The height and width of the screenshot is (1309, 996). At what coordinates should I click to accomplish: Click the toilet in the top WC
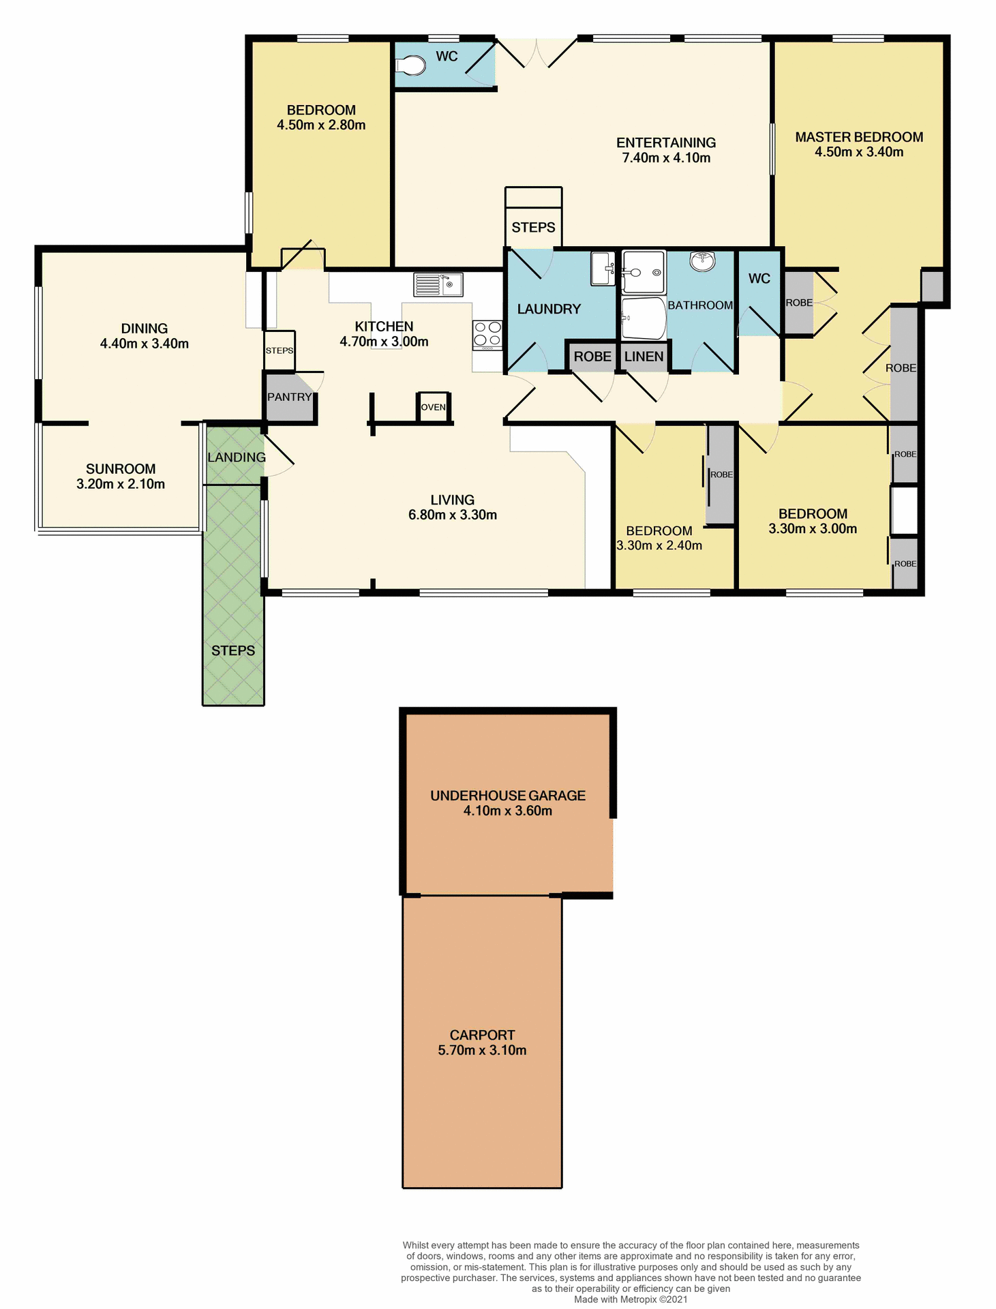[411, 65]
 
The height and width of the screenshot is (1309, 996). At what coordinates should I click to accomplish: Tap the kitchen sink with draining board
[438, 284]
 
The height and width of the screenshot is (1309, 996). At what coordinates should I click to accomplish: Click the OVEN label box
[434, 407]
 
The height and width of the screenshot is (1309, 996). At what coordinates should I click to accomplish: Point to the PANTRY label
[289, 397]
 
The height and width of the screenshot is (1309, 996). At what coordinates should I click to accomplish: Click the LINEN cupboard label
[644, 357]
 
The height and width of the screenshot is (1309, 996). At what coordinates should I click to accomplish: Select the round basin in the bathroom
[702, 261]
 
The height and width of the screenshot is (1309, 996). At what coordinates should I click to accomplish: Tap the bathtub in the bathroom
[643, 318]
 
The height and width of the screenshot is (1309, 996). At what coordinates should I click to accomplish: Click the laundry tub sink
[602, 269]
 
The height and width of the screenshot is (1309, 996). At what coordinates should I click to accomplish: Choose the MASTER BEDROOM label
[859, 137]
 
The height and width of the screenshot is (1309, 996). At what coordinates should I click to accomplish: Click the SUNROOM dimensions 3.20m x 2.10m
[121, 484]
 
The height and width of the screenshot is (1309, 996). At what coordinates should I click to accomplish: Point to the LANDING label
[237, 457]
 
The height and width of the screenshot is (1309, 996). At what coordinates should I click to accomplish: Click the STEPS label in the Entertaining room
[533, 228]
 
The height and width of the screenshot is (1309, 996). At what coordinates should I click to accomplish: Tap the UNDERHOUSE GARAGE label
[508, 796]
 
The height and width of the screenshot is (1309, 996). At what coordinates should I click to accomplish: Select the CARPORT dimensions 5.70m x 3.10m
[482, 1051]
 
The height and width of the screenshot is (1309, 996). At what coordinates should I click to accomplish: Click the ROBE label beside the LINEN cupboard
[592, 357]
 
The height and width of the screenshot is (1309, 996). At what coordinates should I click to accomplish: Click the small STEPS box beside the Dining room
[280, 350]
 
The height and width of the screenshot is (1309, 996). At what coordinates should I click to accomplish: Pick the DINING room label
[145, 329]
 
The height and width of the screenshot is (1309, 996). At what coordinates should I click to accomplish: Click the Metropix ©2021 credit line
[631, 1299]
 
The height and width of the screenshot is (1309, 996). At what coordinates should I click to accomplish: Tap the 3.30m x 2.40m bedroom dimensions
[659, 545]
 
